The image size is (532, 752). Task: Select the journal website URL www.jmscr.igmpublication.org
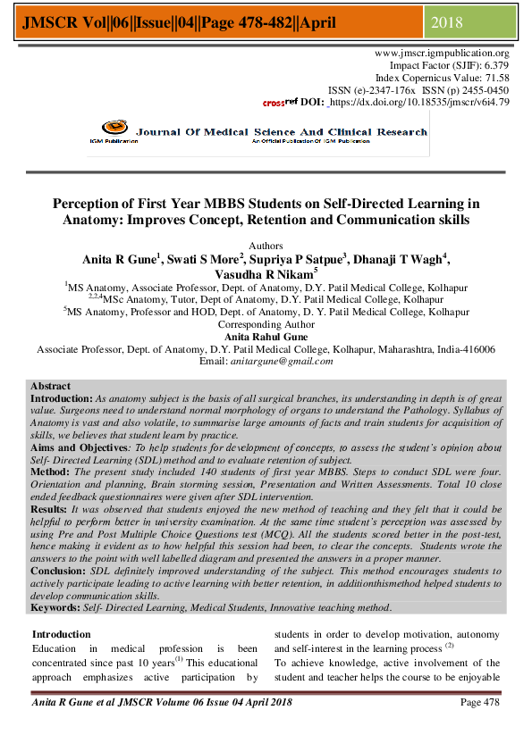[443, 54]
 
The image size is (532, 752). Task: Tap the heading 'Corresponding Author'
[266, 325]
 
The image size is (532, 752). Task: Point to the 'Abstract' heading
[50, 386]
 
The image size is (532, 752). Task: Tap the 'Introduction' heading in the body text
[62, 634]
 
